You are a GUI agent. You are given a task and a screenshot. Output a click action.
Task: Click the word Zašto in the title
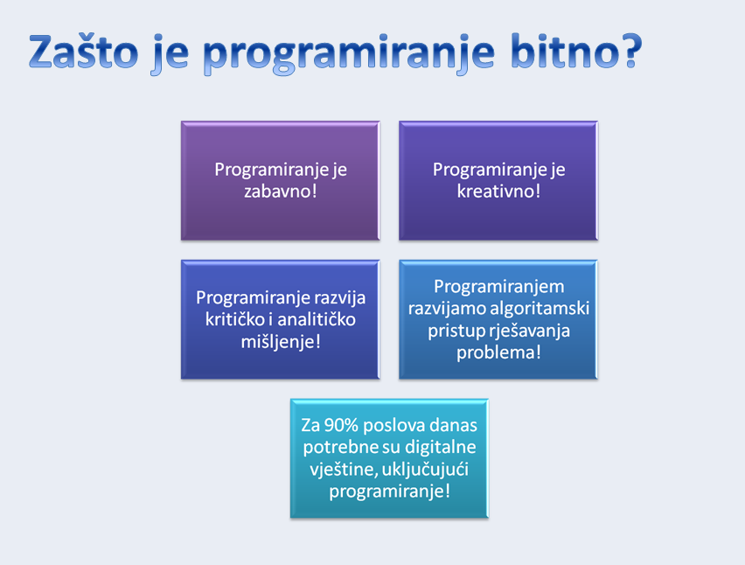coord(84,51)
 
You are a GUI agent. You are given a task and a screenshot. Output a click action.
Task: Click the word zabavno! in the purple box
coord(281,191)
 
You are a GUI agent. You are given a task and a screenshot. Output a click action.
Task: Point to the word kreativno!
coord(498,191)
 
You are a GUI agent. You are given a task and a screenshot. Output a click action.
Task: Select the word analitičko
coord(317,319)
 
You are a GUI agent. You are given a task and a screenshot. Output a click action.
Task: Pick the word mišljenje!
coord(281,342)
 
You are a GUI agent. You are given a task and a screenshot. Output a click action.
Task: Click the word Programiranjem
coord(499,288)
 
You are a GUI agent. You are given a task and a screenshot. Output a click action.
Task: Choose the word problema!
coord(499,352)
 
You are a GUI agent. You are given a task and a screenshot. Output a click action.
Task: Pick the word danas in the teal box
coord(454,425)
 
